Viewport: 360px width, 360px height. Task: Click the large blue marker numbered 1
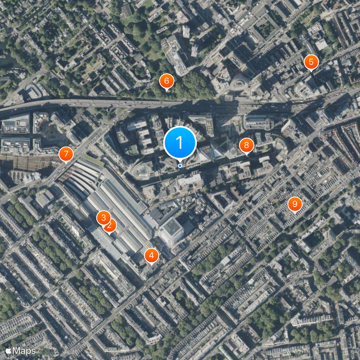click(180, 143)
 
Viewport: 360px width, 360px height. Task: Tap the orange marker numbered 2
click(109, 225)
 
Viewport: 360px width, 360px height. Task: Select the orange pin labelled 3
click(103, 218)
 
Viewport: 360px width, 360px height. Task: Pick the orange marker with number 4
click(151, 256)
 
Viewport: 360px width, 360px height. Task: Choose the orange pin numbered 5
click(310, 62)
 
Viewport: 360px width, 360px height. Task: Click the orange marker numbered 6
click(166, 81)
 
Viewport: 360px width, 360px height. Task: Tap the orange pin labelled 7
click(66, 154)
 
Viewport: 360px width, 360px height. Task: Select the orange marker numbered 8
click(247, 145)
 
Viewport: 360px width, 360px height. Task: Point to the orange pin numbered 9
click(295, 204)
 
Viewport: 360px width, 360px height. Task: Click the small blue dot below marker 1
click(180, 166)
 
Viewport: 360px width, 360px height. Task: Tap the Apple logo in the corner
click(9, 350)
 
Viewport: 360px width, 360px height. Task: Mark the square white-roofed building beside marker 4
click(171, 231)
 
